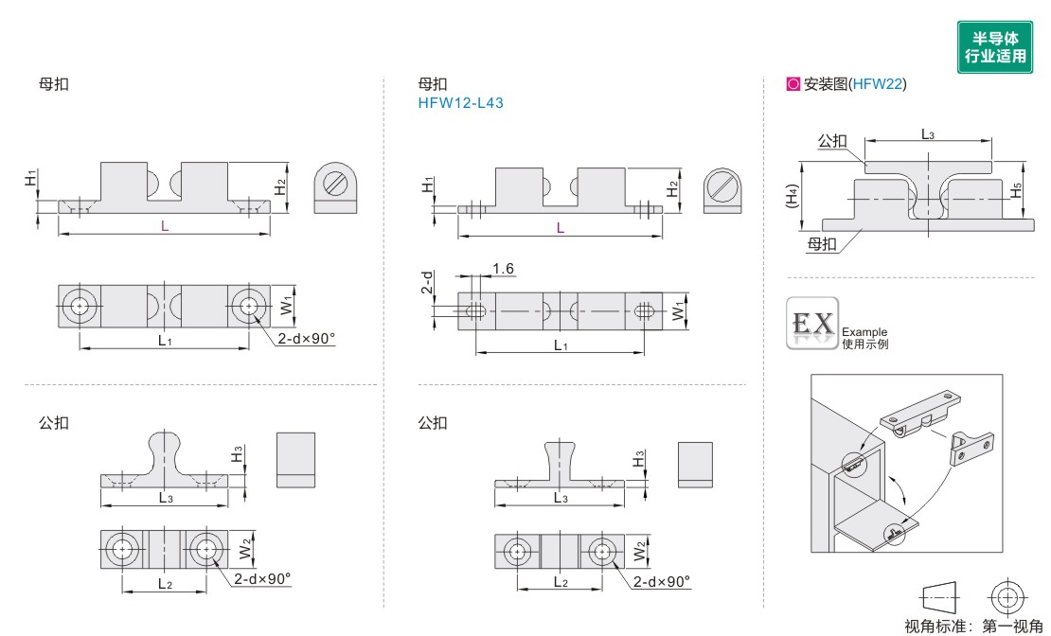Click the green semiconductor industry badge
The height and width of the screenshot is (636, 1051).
click(995, 47)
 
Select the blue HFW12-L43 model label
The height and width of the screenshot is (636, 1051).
click(460, 103)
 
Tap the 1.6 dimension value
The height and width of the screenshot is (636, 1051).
click(503, 269)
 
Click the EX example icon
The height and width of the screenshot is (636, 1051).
click(812, 323)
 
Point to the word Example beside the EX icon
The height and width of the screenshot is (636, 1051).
click(864, 332)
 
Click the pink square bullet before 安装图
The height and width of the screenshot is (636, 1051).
click(793, 84)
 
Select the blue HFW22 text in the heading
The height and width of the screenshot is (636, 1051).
click(878, 84)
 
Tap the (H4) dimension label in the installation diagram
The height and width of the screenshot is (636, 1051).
click(793, 197)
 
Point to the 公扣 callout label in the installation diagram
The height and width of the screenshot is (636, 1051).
click(832, 141)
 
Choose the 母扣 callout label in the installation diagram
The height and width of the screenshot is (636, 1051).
click(822, 244)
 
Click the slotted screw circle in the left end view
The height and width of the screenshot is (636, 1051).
click(335, 183)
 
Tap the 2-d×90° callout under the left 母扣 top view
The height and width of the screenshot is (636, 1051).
click(307, 339)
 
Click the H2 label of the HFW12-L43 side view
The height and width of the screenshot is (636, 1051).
click(672, 189)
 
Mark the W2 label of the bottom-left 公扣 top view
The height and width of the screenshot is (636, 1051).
click(245, 548)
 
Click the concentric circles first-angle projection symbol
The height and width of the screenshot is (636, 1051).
click(1006, 596)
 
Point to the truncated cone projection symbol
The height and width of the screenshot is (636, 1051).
click(940, 596)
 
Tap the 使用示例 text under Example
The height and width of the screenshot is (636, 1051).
click(865, 344)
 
